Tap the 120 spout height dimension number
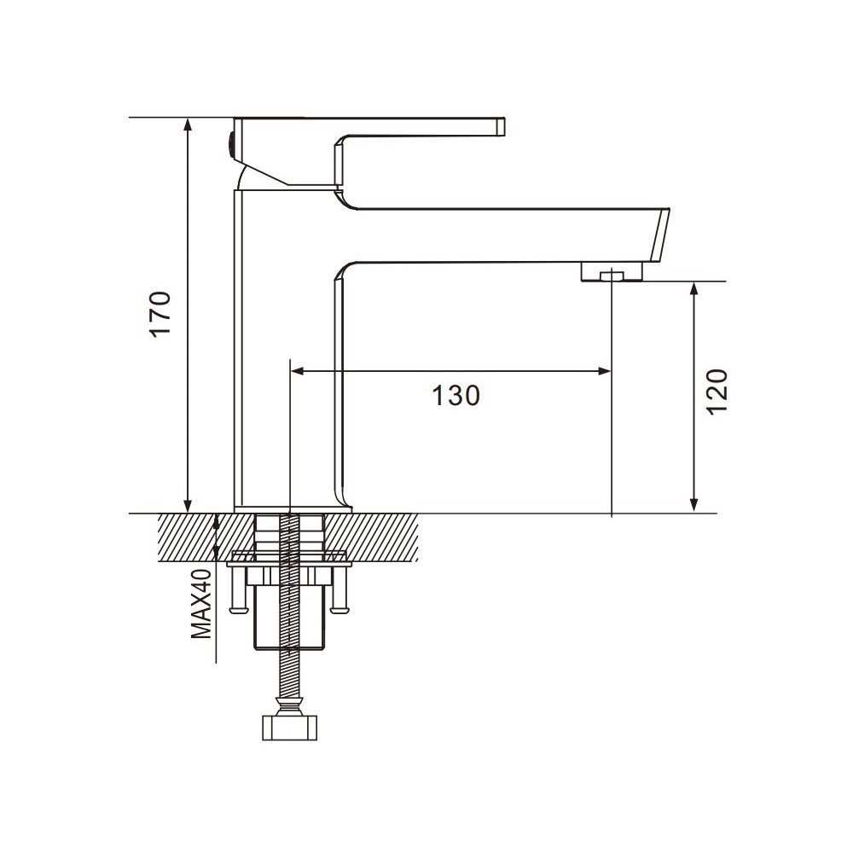pyautogui.click(x=717, y=392)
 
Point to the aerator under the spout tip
pyautogui.click(x=611, y=273)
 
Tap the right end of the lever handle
pyautogui.click(x=502, y=127)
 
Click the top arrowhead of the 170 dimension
pyautogui.click(x=189, y=125)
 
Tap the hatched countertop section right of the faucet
pyautogui.click(x=384, y=537)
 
